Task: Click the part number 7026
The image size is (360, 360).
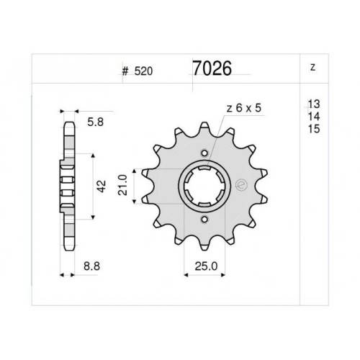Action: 212,68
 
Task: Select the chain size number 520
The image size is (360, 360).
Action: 143,71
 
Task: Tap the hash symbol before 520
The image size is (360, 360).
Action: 125,71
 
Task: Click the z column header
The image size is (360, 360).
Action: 312,68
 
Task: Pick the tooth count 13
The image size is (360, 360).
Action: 314,104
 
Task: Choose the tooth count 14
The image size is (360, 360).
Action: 314,117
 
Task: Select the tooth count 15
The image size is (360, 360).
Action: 314,129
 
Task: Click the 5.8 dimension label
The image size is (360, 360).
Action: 95,122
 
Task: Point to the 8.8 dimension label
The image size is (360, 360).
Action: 91,266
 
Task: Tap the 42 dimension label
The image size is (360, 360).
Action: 102,186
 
